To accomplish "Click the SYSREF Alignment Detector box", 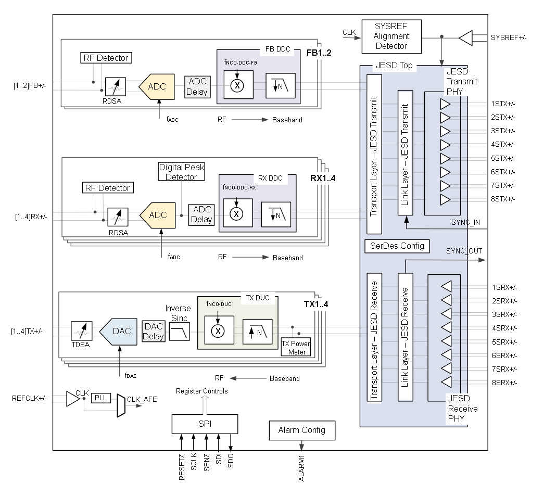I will pyautogui.click(x=391, y=36).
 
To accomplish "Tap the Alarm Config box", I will pyautogui.click(x=302, y=430).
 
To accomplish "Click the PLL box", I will pyautogui.click(x=100, y=398).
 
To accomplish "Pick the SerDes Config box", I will pyautogui.click(x=397, y=246).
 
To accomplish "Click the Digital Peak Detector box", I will pyautogui.click(x=181, y=172).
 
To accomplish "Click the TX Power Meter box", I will pyautogui.click(x=295, y=347).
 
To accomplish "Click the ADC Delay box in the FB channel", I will pyautogui.click(x=197, y=87).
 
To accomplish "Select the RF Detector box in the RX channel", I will pyautogui.click(x=107, y=187).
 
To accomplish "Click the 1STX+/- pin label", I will pyautogui.click(x=502, y=104).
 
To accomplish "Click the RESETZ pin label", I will pyautogui.click(x=182, y=468).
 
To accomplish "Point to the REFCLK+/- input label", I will pyautogui.click(x=29, y=399).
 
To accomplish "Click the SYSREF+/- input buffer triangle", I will pyautogui.click(x=465, y=37).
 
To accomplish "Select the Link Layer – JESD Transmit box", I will pyautogui.click(x=405, y=152).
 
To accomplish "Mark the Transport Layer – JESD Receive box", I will pyautogui.click(x=374, y=337).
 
